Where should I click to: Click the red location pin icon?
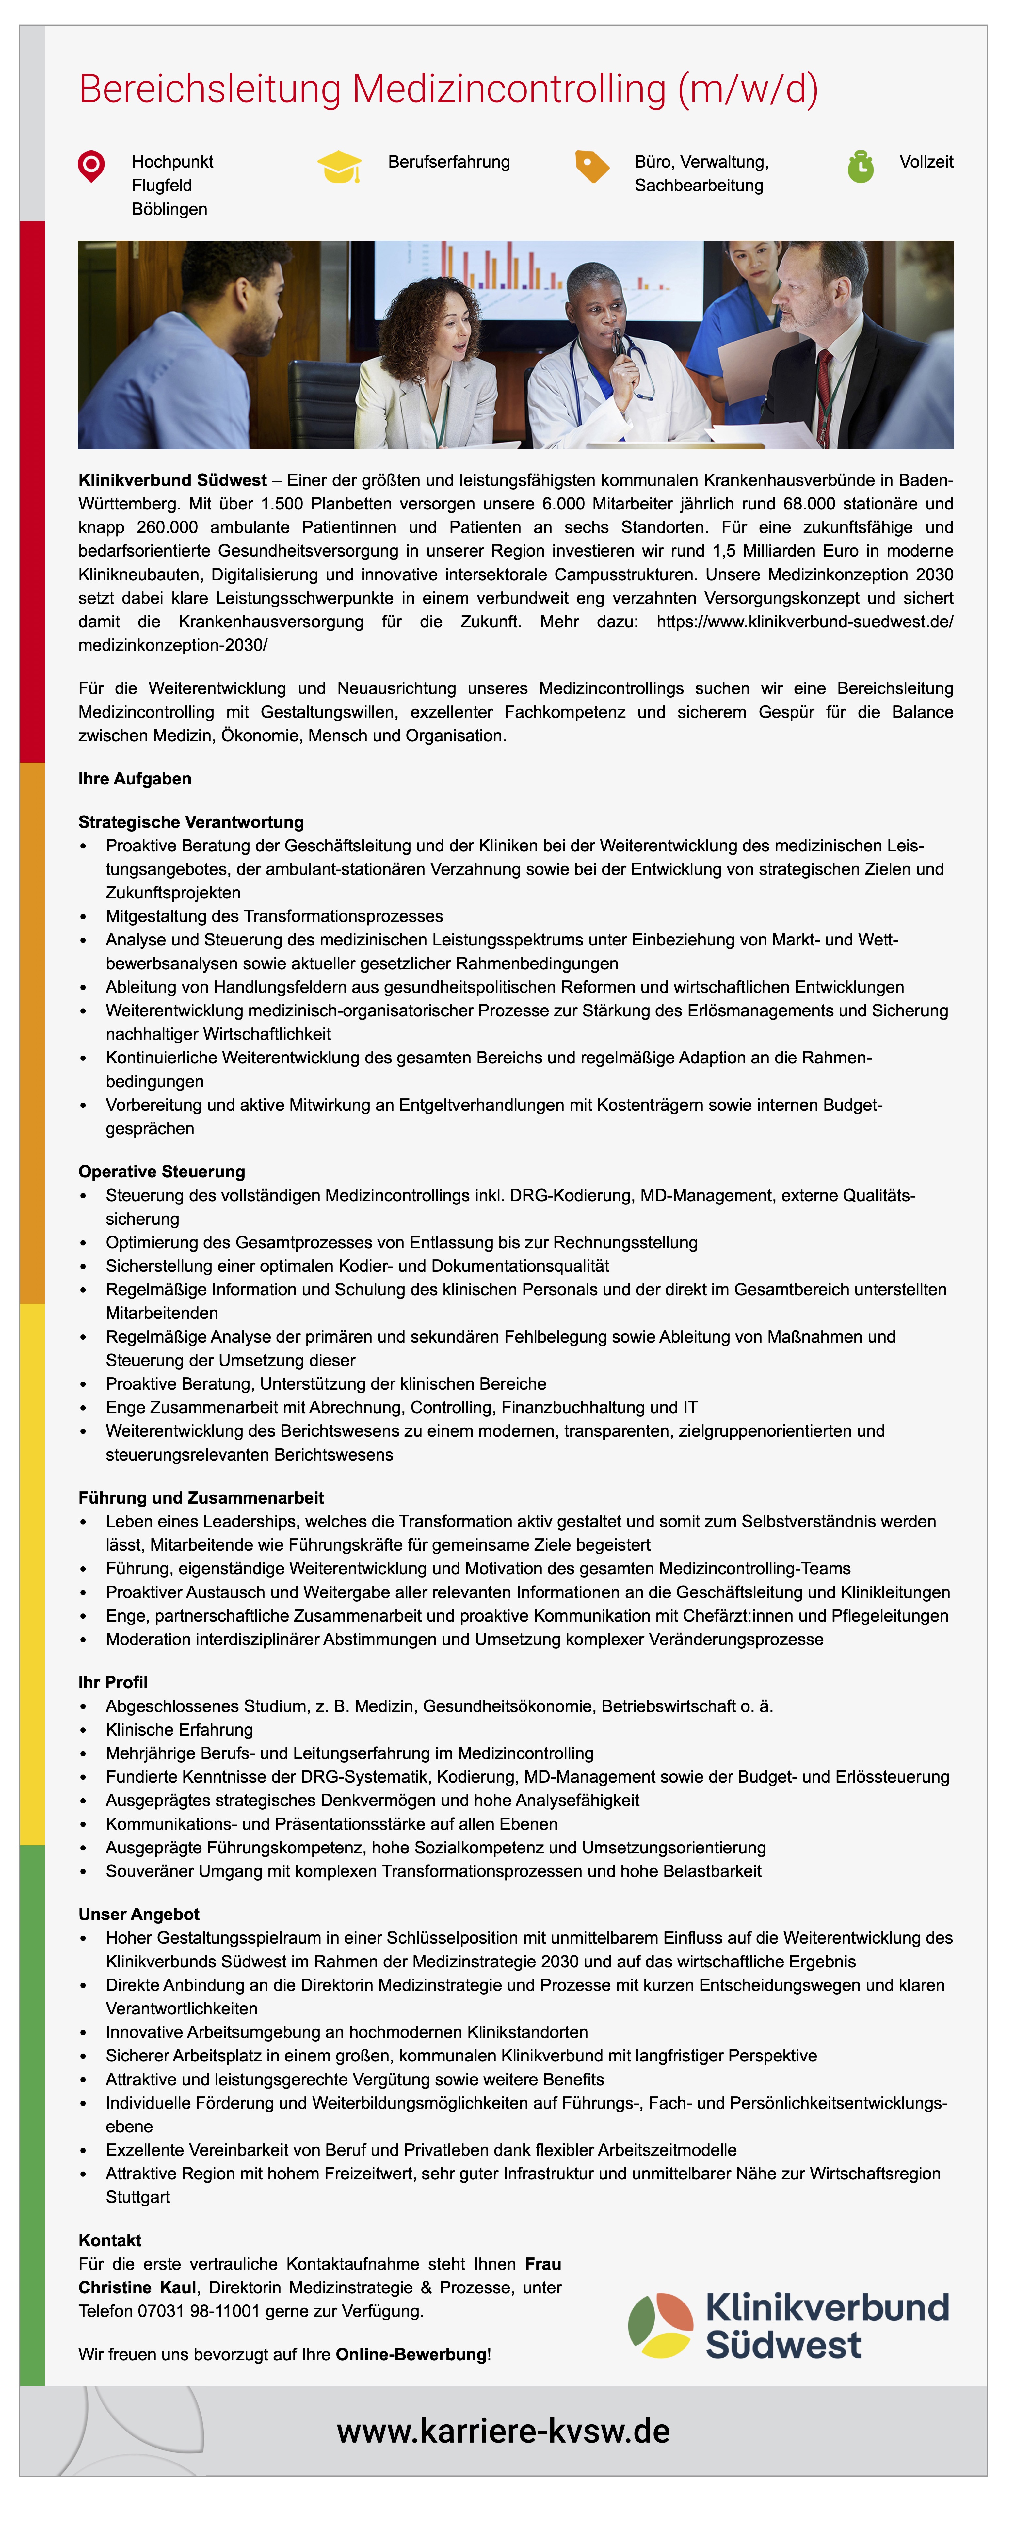click(91, 165)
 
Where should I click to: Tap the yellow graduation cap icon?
click(339, 166)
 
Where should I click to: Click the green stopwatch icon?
click(860, 166)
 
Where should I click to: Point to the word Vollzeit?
click(926, 161)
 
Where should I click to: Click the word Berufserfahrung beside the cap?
click(448, 161)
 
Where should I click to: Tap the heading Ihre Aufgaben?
click(135, 779)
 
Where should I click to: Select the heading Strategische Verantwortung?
click(191, 822)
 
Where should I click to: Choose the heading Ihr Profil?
click(113, 1682)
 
